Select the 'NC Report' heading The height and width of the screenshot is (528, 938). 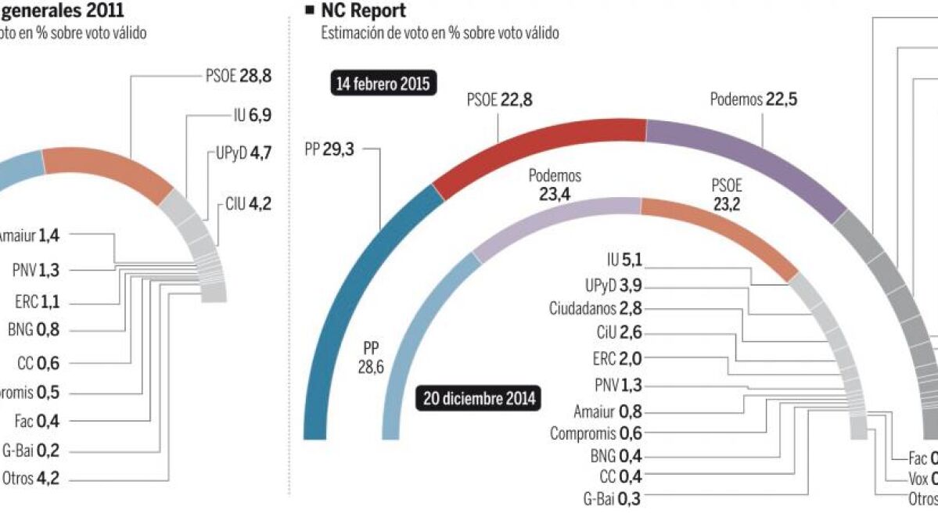click(363, 11)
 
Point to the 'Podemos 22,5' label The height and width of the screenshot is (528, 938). click(743, 99)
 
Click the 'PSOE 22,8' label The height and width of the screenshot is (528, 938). click(500, 99)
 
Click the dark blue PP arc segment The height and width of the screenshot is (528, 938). click(352, 297)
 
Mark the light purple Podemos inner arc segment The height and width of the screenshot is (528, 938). click(548, 215)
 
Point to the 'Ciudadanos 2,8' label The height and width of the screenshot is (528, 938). click(595, 309)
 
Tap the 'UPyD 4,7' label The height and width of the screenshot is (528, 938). click(243, 153)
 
